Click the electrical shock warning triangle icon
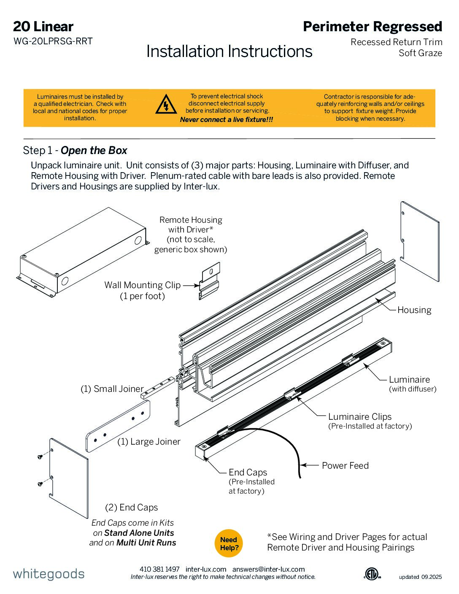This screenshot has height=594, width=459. pos(166,105)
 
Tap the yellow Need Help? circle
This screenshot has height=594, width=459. pos(229,543)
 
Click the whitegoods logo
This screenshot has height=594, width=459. pos(49,574)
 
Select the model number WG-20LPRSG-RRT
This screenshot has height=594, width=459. pos(53,41)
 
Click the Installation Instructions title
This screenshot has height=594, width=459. pos(229,51)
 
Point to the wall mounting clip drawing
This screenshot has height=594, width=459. pos(210,281)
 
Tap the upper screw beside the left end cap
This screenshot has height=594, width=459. pos(40,456)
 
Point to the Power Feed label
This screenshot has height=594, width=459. pos(345,465)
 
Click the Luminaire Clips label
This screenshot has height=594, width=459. pos(360,416)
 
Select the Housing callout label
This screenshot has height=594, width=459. pos(414,310)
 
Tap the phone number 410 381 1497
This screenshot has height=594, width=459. pos(159,569)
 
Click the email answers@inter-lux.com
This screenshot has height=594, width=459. pos(268,569)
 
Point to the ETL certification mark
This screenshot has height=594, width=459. pos(372,574)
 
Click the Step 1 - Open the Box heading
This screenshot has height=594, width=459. pos(75,151)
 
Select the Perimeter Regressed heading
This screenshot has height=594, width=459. pos(373,27)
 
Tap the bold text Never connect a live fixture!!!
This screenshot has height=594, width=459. pos(227,120)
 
